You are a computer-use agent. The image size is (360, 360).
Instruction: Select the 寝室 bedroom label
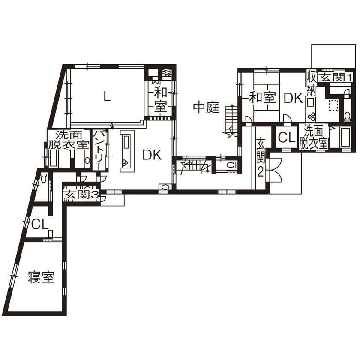41,277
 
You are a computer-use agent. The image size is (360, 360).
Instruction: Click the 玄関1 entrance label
336,78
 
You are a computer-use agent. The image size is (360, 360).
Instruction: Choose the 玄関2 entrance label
260,157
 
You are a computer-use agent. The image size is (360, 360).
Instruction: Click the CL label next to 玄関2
285,138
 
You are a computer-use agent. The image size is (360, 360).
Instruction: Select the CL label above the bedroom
39,224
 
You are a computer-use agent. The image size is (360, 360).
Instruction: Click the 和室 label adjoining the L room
160,99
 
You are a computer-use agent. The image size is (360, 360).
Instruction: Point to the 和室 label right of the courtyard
262,97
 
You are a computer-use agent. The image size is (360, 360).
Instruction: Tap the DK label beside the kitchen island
152,155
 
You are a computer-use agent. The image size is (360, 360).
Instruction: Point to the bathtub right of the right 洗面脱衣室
344,138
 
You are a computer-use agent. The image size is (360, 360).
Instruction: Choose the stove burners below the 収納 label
312,115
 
